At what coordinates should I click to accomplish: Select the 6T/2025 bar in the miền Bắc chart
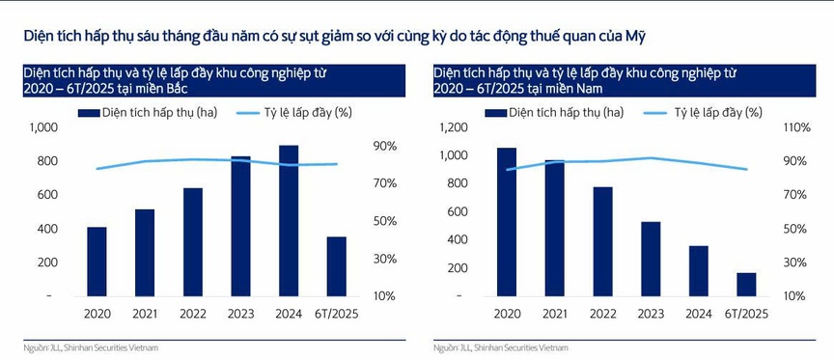(336, 265)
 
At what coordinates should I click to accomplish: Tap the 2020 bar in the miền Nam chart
(506, 221)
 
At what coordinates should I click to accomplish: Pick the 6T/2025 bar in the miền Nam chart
(745, 284)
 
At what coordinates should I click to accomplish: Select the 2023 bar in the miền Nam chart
(650, 258)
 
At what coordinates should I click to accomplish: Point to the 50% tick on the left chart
(385, 221)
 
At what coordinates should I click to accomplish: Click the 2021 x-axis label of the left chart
(145, 314)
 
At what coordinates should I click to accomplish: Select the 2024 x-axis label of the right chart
(698, 314)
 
